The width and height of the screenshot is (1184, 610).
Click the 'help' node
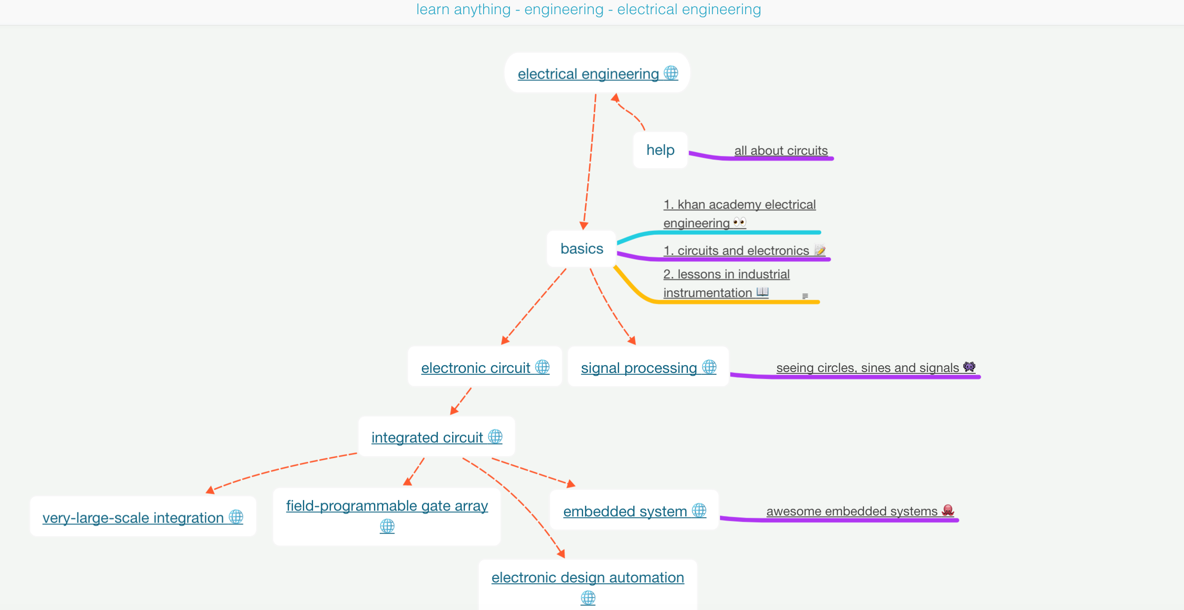coord(660,150)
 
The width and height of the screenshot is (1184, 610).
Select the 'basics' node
coord(581,249)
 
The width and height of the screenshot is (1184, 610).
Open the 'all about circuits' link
coord(780,151)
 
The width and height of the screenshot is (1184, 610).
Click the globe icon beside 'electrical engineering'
coord(671,73)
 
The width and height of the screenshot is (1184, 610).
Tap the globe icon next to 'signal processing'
coord(709,367)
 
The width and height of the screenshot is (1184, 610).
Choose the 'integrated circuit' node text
coord(426,437)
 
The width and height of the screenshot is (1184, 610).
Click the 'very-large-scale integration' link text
coord(133,518)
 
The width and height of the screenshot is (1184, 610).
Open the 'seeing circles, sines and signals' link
coord(867,368)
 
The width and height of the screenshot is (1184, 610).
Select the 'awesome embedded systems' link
coord(851,511)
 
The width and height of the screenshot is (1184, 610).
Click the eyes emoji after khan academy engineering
coord(739,222)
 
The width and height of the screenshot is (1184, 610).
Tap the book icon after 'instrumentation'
coord(763,292)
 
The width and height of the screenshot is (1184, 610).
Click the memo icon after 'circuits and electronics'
coord(819,250)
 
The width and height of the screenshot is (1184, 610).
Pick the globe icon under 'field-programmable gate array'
coord(387,526)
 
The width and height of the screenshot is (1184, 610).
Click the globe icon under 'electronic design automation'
coord(588,598)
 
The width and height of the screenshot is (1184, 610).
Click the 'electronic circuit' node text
coord(475,368)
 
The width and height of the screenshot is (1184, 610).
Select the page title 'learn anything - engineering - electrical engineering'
coord(588,9)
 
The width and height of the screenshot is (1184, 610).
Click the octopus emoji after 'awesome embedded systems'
coord(948,510)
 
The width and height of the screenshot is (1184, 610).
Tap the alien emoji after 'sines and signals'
coord(969,367)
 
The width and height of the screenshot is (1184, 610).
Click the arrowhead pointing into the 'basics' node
coord(584,225)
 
